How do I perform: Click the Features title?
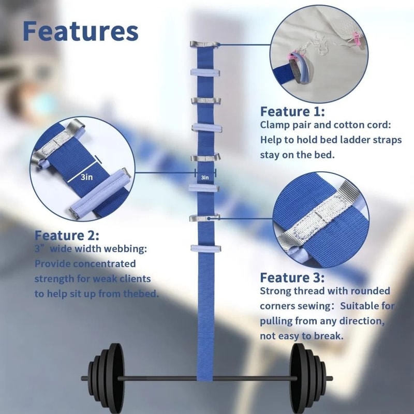[x=80, y=31]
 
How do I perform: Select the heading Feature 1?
[x=292, y=111]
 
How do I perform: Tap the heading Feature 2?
[x=66, y=235]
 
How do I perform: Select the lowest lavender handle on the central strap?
[x=205, y=249]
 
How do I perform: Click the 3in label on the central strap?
[x=205, y=178]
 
